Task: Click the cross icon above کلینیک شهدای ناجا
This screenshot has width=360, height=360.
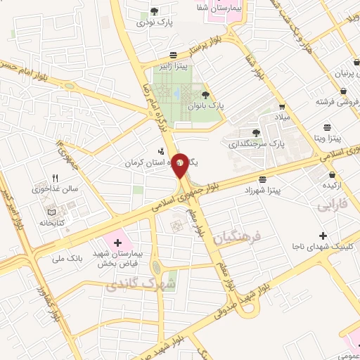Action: coord(322,235)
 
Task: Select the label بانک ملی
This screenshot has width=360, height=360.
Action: coord(67,259)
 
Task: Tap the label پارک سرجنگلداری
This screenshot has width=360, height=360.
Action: coord(254,143)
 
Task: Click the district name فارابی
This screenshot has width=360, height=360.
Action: coord(333,207)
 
